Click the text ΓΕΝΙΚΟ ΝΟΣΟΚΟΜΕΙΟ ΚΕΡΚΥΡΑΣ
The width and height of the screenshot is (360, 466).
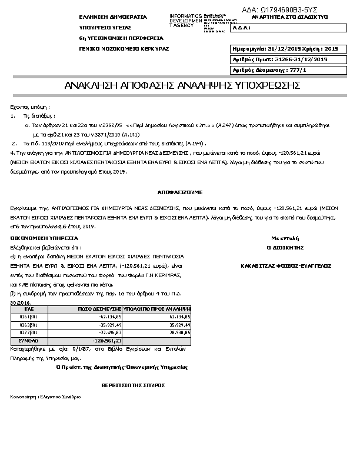[124, 48]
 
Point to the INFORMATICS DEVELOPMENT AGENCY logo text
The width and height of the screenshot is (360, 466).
[185, 20]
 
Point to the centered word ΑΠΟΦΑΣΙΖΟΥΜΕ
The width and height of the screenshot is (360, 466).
[179, 192]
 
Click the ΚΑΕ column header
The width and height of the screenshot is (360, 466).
[29, 308]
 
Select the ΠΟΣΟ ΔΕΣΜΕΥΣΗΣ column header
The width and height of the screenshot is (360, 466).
[99, 308]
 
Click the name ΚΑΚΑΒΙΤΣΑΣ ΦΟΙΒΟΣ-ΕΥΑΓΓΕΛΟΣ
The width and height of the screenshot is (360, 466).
[286, 265]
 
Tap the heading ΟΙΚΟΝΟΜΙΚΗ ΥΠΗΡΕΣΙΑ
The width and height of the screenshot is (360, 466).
[44, 238]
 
